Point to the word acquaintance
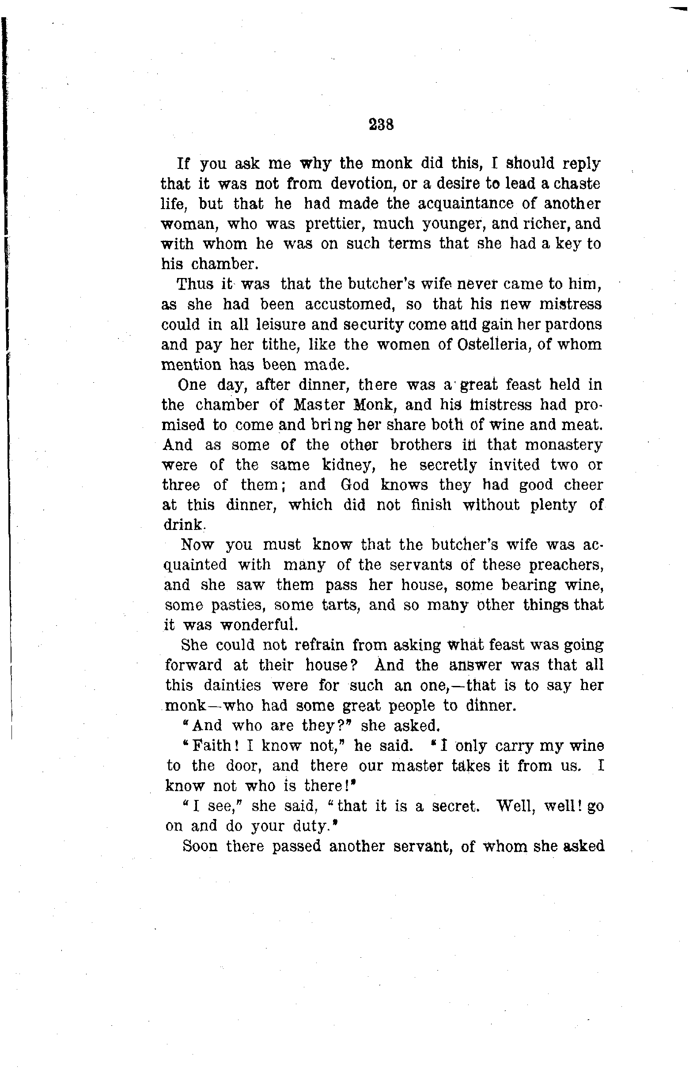465,204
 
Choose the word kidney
348,465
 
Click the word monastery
564,445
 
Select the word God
355,485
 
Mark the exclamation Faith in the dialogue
211,746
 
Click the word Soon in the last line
200,846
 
